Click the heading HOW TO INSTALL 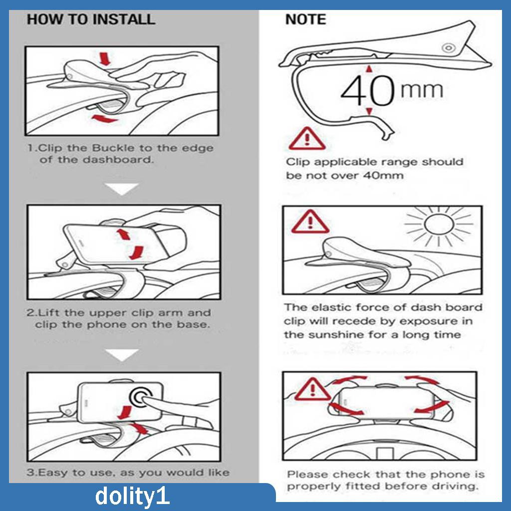(x=91, y=19)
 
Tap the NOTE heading (x=305, y=19)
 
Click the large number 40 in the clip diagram (x=368, y=90)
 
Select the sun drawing (x=439, y=225)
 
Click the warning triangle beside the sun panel (x=310, y=222)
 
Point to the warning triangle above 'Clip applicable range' (x=307, y=139)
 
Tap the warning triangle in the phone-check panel (x=312, y=389)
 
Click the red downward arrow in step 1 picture (x=105, y=59)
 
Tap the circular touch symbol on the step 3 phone (x=142, y=397)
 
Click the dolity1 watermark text (x=132, y=497)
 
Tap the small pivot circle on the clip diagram (x=449, y=48)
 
